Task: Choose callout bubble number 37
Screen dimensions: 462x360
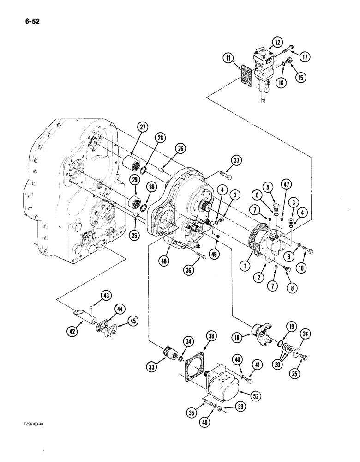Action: pos(237,160)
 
